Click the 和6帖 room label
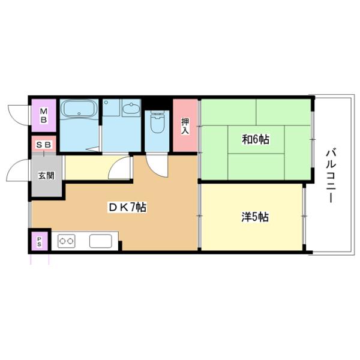click(256, 139)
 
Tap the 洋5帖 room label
click(255, 216)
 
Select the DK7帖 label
click(127, 208)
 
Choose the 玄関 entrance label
click(45, 176)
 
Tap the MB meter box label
click(44, 114)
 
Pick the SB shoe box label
click(43, 145)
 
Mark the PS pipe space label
click(40, 242)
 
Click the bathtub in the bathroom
click(79, 110)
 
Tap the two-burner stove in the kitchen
click(66, 241)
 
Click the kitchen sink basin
click(100, 241)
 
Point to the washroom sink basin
click(131, 109)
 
